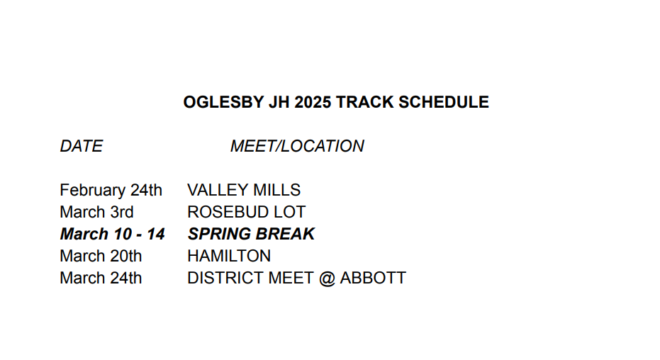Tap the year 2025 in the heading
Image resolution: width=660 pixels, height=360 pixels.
coord(313,102)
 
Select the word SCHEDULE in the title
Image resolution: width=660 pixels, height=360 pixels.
coord(444,102)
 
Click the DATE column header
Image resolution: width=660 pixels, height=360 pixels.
coord(82,147)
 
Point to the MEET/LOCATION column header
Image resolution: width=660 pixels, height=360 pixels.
coord(297,147)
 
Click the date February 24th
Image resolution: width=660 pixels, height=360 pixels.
coord(111,190)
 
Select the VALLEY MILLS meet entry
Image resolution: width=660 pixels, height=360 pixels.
coord(244,190)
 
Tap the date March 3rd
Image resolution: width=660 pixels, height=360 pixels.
coord(96,212)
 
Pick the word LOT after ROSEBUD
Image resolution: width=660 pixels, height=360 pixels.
coord(289,212)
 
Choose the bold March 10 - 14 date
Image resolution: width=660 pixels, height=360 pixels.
coord(113,234)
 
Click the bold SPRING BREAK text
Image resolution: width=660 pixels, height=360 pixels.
coord(251,234)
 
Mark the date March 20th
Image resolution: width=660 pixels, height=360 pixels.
coord(101,256)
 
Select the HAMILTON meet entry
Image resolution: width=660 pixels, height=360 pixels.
coord(229,256)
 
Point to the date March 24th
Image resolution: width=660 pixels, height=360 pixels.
coord(101,278)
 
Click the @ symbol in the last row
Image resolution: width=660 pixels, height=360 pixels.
coord(327,279)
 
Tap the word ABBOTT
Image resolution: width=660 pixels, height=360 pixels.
coord(373,278)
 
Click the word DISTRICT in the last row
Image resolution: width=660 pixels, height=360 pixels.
coord(225,278)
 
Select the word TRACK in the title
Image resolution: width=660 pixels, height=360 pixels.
coord(365,102)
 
